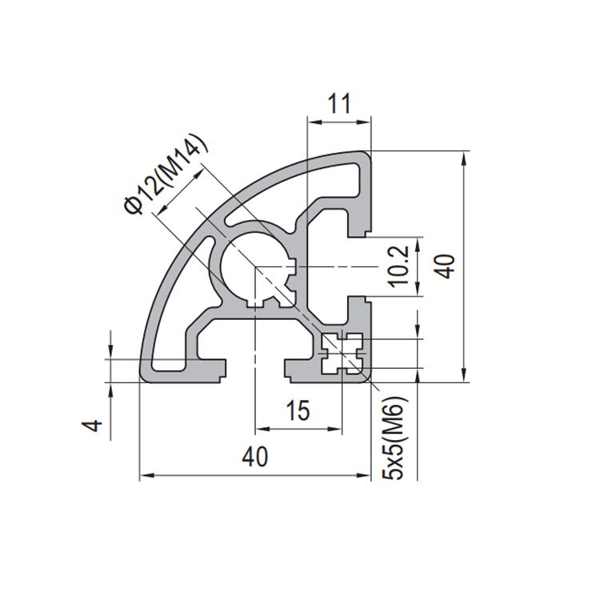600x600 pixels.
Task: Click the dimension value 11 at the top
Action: [x=340, y=104]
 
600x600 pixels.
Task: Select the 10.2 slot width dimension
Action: [x=403, y=266]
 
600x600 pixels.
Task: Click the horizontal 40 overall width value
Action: [x=255, y=457]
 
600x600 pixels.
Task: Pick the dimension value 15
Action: [x=298, y=411]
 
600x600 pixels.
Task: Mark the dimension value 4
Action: [x=94, y=426]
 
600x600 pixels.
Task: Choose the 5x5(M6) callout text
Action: [x=396, y=440]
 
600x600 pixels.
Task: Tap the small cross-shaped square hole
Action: [x=343, y=353]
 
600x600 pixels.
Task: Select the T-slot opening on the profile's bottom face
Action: [x=255, y=370]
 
